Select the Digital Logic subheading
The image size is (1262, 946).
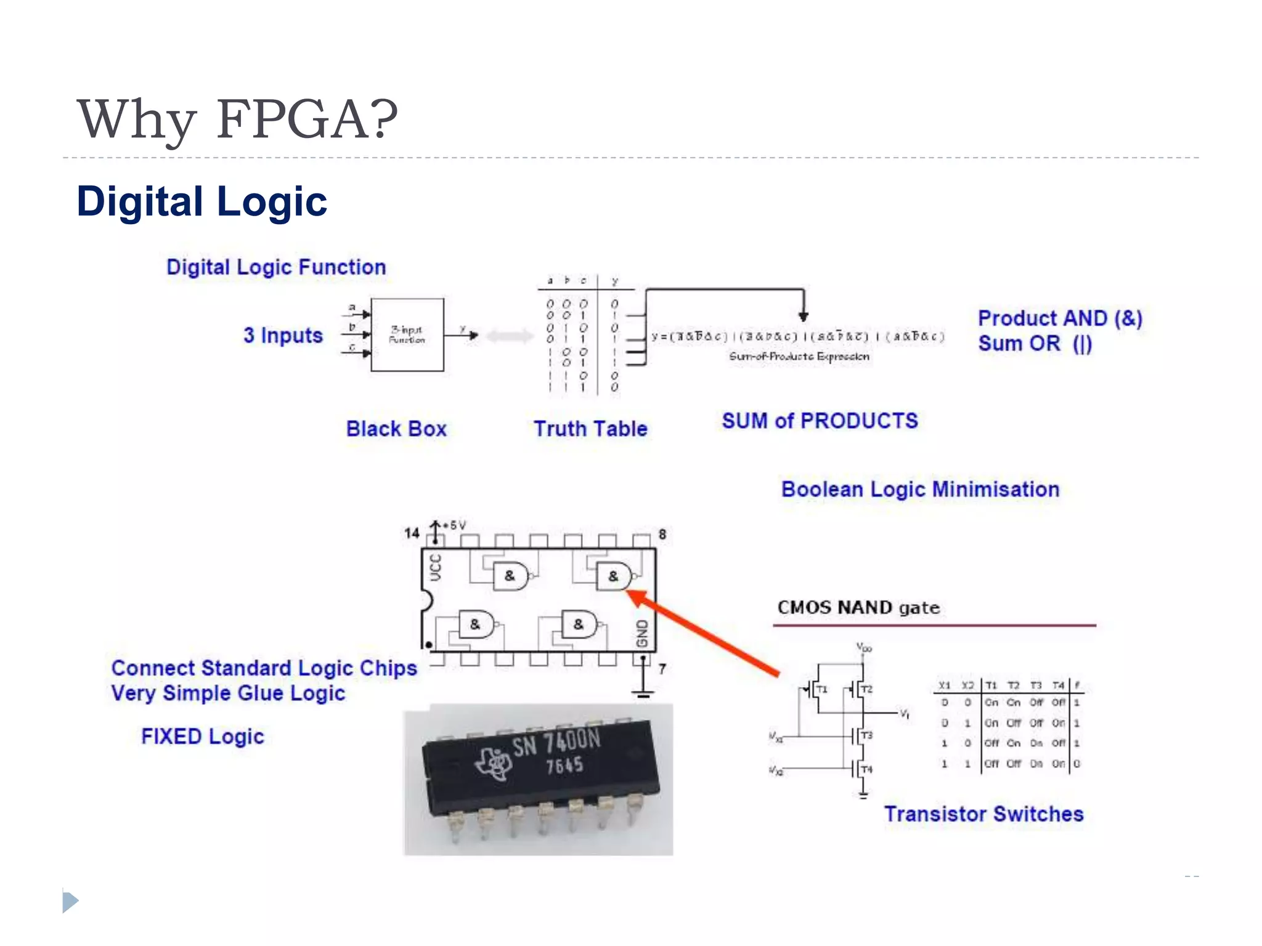click(x=202, y=201)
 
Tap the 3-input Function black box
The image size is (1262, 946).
click(x=407, y=334)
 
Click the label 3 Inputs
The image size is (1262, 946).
click(x=283, y=335)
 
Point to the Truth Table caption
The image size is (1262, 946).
click(x=590, y=429)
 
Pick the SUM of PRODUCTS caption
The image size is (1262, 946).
click(x=820, y=421)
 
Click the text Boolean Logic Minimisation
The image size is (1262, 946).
click(x=920, y=489)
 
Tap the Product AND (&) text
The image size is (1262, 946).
click(x=1060, y=318)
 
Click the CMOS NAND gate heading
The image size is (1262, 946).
click(x=858, y=607)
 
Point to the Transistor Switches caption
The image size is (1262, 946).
click(x=983, y=814)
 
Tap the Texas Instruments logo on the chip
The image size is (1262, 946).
click(x=494, y=763)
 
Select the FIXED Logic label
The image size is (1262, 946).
click(x=202, y=736)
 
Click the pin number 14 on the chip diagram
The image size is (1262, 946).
click(x=412, y=533)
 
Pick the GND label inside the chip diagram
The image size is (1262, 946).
click(x=642, y=634)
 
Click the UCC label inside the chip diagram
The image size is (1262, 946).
click(x=436, y=567)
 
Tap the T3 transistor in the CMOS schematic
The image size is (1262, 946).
click(x=861, y=735)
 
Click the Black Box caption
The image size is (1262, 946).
click(x=396, y=429)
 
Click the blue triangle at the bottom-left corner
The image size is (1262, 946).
click(x=70, y=902)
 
